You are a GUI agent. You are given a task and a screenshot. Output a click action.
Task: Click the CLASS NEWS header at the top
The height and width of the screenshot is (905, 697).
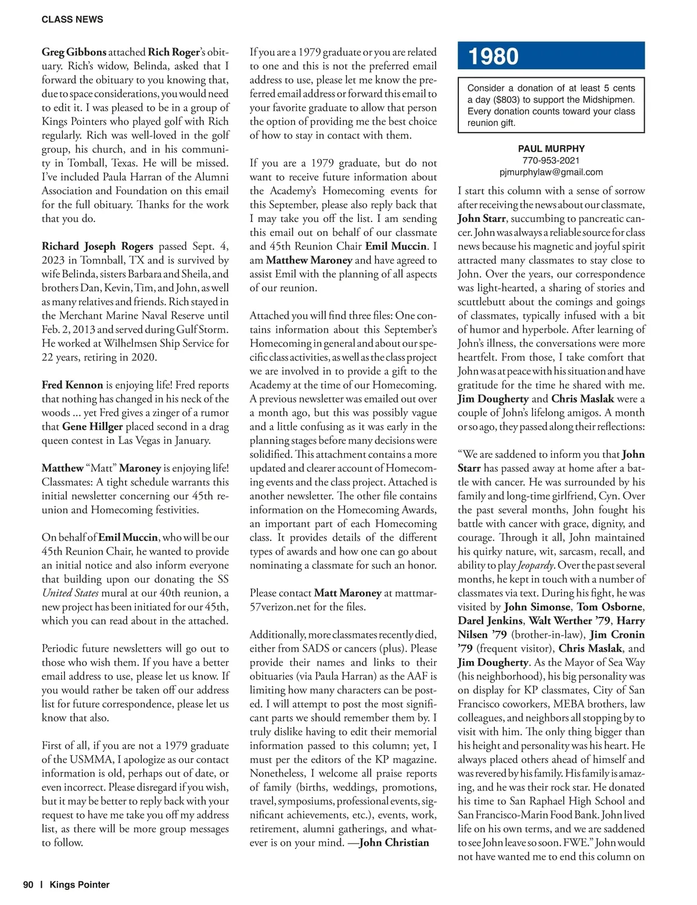[72, 19]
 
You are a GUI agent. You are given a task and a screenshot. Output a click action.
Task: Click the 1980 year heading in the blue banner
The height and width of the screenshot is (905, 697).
[493, 56]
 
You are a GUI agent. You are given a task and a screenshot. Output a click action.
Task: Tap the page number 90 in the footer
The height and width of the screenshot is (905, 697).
[28, 885]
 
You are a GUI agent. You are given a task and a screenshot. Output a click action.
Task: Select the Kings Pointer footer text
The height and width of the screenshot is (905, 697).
[80, 885]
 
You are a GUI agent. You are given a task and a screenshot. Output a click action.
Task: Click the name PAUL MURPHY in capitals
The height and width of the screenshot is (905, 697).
[551, 149]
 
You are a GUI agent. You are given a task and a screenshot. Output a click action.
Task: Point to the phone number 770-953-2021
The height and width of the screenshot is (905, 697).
[551, 160]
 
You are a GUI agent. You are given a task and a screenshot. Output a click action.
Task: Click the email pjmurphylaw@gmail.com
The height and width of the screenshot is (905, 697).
[551, 172]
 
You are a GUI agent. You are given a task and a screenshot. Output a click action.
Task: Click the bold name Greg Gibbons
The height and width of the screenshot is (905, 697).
[74, 52]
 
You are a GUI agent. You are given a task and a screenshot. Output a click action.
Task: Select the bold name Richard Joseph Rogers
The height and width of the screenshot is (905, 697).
[97, 246]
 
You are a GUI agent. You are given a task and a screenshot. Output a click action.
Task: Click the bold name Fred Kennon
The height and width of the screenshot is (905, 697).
[72, 385]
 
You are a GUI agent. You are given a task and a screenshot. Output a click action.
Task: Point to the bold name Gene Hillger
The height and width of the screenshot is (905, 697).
[92, 426]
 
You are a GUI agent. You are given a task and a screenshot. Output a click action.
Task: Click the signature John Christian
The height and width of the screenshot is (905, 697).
[394, 843]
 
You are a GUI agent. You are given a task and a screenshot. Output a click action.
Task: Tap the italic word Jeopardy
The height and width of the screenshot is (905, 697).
[536, 565]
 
